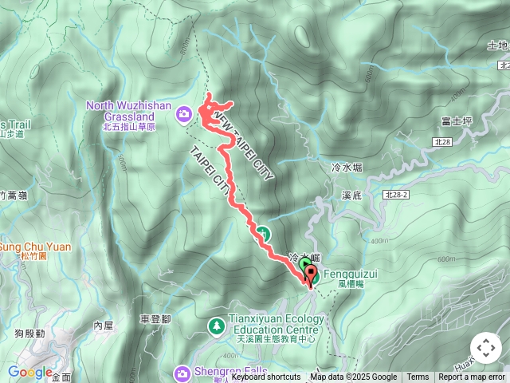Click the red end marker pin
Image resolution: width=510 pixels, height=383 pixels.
tap(309, 273)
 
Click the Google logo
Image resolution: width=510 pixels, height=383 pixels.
tap(30, 373)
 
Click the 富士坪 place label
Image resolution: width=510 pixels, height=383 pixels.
tap(457, 122)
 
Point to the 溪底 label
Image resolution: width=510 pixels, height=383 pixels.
tap(352, 195)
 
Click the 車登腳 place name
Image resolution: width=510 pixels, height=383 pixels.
tap(155, 318)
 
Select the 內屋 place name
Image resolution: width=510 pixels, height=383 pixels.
tap(104, 326)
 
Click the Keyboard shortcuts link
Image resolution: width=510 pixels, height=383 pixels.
tap(266, 377)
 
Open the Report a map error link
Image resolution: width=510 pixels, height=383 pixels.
tap(472, 377)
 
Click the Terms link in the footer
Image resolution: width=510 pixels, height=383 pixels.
tap(418, 377)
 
